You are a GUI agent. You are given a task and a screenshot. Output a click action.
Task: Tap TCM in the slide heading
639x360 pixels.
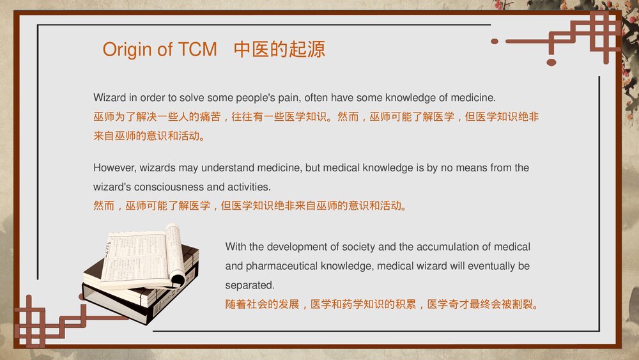tap(197, 49)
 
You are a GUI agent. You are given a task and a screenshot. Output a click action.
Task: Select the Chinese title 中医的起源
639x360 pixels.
tap(279, 49)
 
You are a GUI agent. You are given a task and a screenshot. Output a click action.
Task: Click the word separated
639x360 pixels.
tap(250, 285)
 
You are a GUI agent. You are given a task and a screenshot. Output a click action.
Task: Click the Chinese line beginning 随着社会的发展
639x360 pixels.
tap(382, 304)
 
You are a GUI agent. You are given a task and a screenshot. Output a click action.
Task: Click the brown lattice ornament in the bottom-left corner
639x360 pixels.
tap(49, 322)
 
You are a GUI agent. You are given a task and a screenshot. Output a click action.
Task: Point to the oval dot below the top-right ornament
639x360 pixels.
tap(551, 63)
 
